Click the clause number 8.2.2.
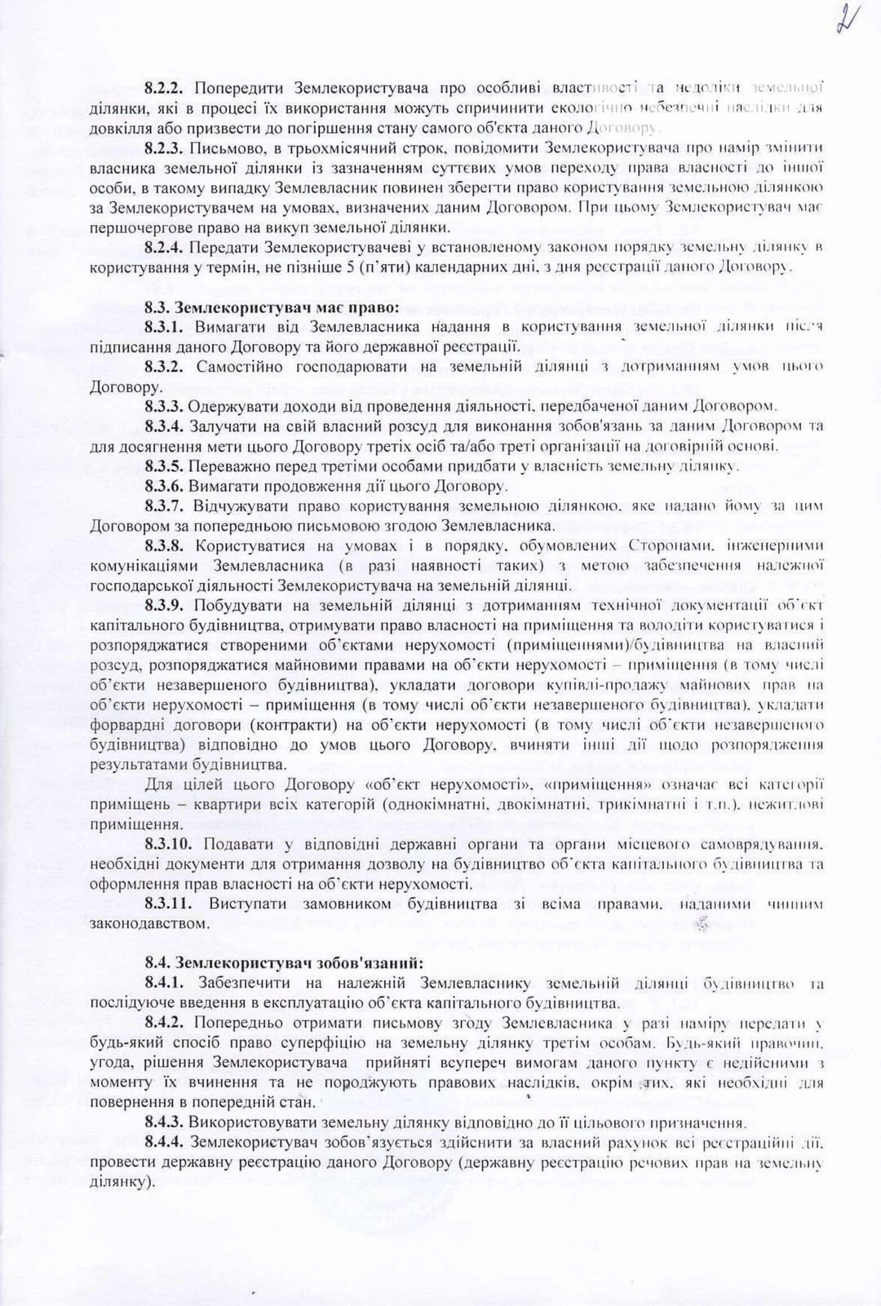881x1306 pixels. click(x=166, y=87)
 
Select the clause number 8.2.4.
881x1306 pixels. click(x=166, y=246)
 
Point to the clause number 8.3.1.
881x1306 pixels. click(x=166, y=328)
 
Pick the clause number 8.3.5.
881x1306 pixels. click(x=166, y=466)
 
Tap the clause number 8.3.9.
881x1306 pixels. click(x=166, y=605)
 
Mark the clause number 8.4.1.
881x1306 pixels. click(x=166, y=983)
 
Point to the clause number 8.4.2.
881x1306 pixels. click(x=166, y=1024)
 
